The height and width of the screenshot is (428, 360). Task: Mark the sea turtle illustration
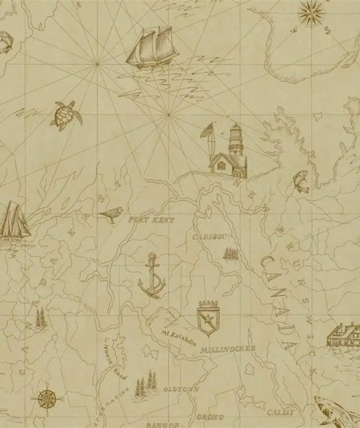(64, 116)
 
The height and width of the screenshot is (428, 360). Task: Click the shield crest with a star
(209, 313)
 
